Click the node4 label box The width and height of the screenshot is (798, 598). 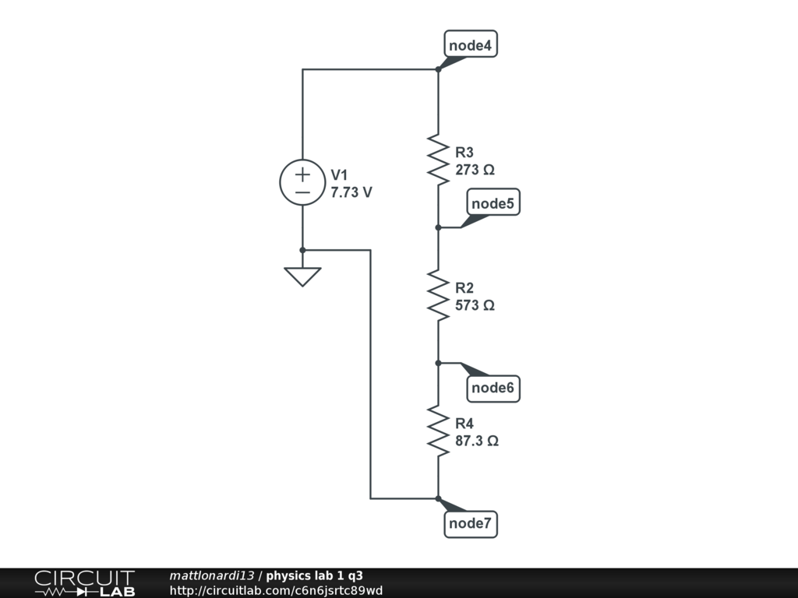(x=471, y=46)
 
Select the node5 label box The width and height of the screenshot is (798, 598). (x=493, y=204)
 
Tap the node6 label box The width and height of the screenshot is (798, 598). (x=494, y=388)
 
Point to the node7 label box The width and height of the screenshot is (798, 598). (x=471, y=524)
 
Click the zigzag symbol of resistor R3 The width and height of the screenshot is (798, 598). (x=438, y=159)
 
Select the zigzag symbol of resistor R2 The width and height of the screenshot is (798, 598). (x=438, y=294)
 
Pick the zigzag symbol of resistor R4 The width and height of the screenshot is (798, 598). (x=438, y=430)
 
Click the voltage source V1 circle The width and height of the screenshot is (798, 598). (x=302, y=183)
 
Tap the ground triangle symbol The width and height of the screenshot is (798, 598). (x=302, y=276)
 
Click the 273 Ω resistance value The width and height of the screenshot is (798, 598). (x=475, y=170)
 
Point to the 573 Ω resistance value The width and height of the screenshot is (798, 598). (x=475, y=305)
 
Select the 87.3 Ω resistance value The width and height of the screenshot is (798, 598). (x=477, y=441)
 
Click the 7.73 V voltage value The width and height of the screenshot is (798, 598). (x=351, y=192)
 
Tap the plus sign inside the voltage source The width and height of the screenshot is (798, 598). (x=302, y=174)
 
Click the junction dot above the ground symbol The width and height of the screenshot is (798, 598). (x=302, y=250)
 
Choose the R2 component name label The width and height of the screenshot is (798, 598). (x=464, y=288)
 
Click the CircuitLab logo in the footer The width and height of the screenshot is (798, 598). (x=84, y=583)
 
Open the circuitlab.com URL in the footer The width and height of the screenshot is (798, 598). (x=276, y=591)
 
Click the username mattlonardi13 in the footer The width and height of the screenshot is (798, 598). (x=211, y=576)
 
